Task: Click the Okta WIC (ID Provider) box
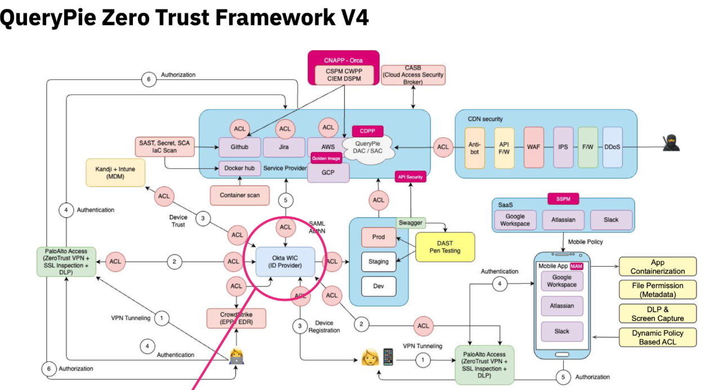pos(285,262)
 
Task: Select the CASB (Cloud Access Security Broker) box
pos(413,74)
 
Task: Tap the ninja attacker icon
pos(671,143)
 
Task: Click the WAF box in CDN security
pos(533,147)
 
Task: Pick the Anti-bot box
pos(475,147)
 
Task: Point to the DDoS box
pos(612,147)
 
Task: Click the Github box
pos(240,147)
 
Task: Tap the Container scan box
pos(240,195)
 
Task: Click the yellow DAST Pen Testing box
pos(445,246)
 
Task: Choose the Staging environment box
pos(378,262)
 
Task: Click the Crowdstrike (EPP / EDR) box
pos(236,319)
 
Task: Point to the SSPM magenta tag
pos(563,199)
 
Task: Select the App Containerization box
pos(658,266)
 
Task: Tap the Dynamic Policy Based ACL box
pos(658,337)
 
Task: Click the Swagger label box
pos(410,223)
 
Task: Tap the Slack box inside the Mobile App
pos(562,331)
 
